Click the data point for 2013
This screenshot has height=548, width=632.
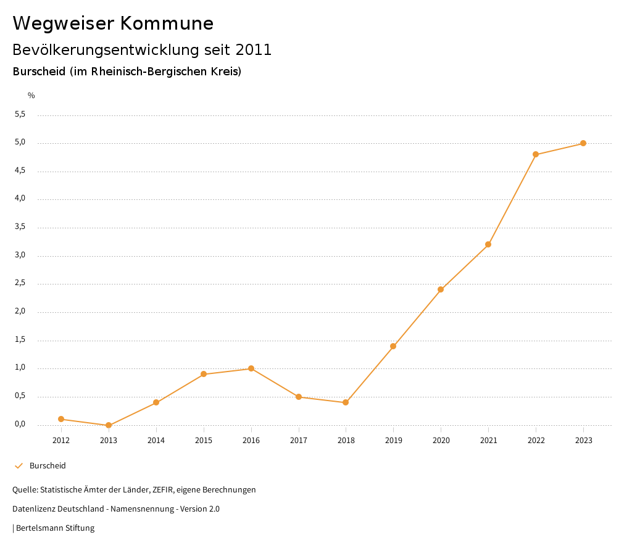pos(109,425)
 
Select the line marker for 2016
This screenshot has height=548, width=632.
pos(251,368)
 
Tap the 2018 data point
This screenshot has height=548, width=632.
pos(346,402)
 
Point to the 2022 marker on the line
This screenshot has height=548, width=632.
pos(536,154)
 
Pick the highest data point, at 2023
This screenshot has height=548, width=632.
pos(583,143)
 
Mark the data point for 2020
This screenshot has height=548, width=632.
pos(441,289)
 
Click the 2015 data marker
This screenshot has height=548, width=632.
pos(204,374)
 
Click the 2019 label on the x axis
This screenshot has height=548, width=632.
pos(393,441)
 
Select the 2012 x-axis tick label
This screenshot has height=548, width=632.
pos(61,441)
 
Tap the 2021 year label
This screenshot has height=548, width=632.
pos(488,441)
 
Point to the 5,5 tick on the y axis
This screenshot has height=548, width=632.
pos(20,114)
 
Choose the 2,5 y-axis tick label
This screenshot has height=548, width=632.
pos(20,283)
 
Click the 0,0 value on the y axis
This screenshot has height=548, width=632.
pos(20,424)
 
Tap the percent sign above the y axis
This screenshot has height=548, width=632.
pos(31,96)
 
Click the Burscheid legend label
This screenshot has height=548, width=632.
pos(48,466)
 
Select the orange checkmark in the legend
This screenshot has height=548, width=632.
pos(19,466)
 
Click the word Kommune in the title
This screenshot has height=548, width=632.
pos(166,23)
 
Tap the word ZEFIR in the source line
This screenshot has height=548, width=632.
pos(164,490)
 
